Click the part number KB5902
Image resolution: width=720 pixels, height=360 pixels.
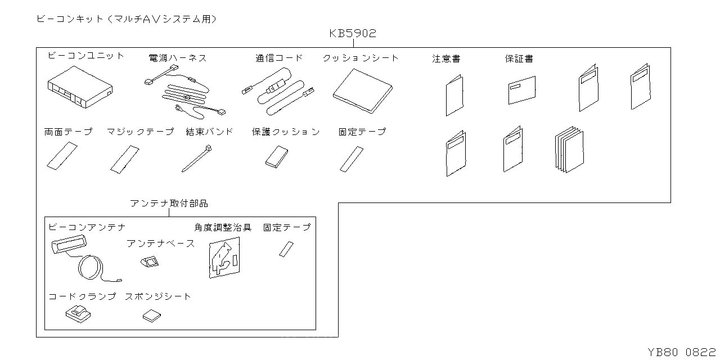point(353,34)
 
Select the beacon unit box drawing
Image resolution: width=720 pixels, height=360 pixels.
point(79,87)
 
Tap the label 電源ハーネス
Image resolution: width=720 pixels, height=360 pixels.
point(177,58)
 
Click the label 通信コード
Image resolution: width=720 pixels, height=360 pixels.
point(278,58)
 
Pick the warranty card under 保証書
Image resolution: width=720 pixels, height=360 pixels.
point(521,90)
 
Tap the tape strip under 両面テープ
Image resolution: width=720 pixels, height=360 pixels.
point(61,156)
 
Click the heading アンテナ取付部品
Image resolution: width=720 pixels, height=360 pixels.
point(169,204)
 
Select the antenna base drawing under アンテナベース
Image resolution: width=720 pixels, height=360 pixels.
point(149,262)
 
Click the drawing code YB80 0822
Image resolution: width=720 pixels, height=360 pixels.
point(682,352)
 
